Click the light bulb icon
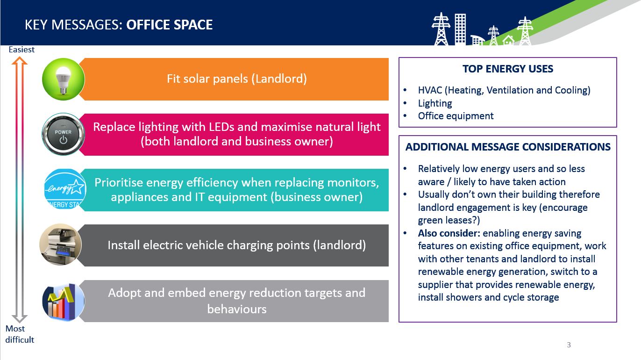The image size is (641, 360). (63, 79)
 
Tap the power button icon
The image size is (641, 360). (63, 134)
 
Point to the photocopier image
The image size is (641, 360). (60, 245)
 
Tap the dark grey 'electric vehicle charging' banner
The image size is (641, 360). (235, 245)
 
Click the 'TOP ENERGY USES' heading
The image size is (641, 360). (508, 69)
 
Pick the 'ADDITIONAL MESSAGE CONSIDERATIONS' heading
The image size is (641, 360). (508, 147)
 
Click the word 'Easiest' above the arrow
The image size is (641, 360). (21, 50)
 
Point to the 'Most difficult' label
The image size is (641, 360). (20, 334)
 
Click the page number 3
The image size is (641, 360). (569, 345)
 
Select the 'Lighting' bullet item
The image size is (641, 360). (435, 103)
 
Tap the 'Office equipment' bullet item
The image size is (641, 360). (456, 116)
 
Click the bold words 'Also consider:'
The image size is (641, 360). (449, 233)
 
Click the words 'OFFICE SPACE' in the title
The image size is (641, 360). (170, 25)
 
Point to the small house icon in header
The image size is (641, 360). (508, 40)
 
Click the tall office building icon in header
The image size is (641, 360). (461, 29)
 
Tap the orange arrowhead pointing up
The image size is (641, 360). (20, 60)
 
